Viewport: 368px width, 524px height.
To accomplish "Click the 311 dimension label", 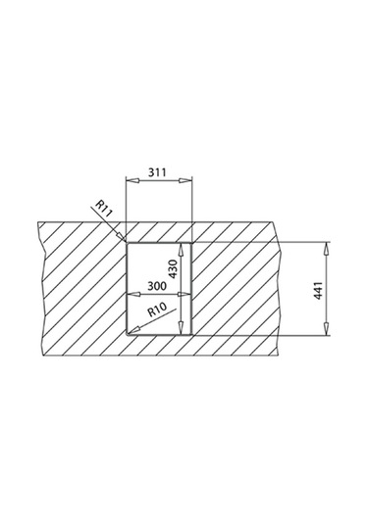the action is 157,172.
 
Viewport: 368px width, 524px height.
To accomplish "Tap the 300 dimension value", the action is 157,286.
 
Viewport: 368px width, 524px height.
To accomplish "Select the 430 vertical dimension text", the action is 173,268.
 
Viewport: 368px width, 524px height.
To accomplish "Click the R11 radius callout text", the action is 104,209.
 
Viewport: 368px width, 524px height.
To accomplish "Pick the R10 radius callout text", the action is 157,310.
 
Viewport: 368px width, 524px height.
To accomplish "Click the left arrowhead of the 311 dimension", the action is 131,180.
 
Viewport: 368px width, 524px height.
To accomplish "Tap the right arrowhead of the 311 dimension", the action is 185,180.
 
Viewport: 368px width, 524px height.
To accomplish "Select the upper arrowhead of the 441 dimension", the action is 326,250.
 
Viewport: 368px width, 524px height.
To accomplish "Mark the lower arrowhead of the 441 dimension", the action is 326,328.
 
